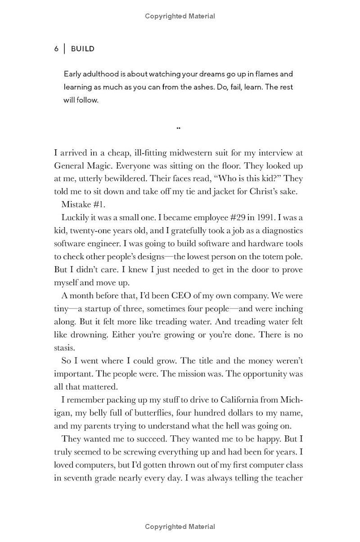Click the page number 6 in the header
click(x=56, y=49)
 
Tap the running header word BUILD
click(x=83, y=49)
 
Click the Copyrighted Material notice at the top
click(x=180, y=16)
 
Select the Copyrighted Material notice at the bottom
click(x=180, y=527)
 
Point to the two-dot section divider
click(x=179, y=128)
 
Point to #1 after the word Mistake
click(x=99, y=205)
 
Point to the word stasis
click(x=64, y=348)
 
